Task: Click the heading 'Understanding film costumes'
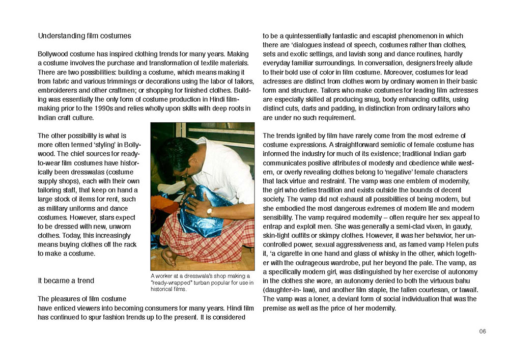coord(84,36)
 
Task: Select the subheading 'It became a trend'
coord(66,281)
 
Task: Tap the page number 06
coord(483,331)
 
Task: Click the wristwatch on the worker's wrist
coord(209,211)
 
